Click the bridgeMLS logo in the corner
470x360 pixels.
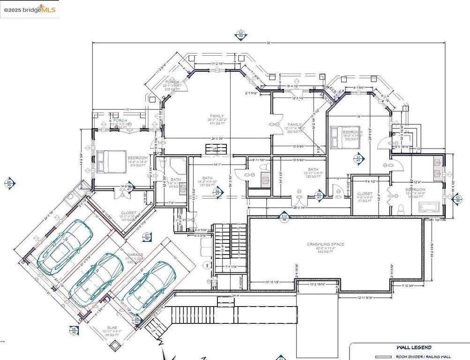coord(30,9)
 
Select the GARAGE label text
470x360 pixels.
coord(133,255)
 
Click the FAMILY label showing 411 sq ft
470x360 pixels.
coord(216,116)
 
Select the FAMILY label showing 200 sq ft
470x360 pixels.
coord(294,125)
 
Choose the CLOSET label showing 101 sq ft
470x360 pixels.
coord(128,213)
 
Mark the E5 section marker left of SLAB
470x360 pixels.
coord(74,330)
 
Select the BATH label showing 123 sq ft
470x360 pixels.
coord(313,169)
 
